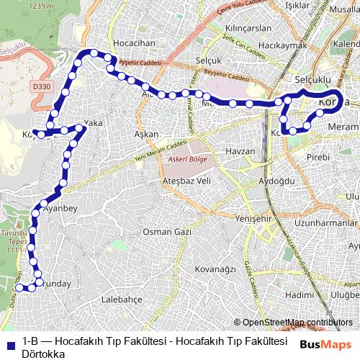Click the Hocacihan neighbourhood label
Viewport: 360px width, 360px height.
[134, 43]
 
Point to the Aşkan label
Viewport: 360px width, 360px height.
[146, 135]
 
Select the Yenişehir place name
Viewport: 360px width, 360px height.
[256, 198]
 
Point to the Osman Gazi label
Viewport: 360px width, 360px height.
[166, 231]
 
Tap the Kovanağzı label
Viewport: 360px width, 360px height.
[215, 269]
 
